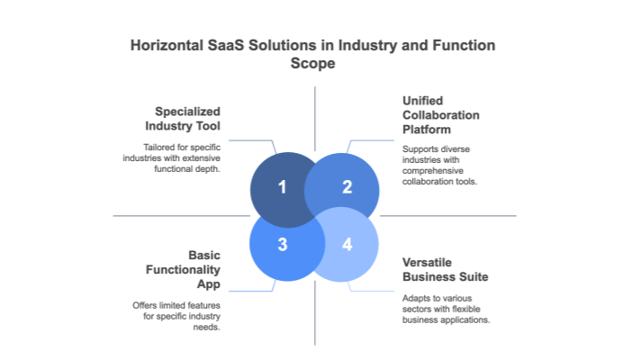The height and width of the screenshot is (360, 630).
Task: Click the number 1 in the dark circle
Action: coord(282,187)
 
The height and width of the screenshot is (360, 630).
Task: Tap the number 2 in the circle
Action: coord(347,187)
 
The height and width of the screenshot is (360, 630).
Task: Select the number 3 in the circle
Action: coord(282,244)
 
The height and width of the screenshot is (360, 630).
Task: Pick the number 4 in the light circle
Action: coord(347,244)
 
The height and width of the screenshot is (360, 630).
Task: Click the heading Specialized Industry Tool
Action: coord(193,119)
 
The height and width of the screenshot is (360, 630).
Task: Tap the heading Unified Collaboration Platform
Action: coord(441,115)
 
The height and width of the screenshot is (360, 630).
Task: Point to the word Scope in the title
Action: coord(314,64)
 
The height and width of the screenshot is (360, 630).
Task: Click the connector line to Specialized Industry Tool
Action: coord(252,139)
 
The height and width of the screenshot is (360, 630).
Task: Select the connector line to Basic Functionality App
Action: coord(252,290)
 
